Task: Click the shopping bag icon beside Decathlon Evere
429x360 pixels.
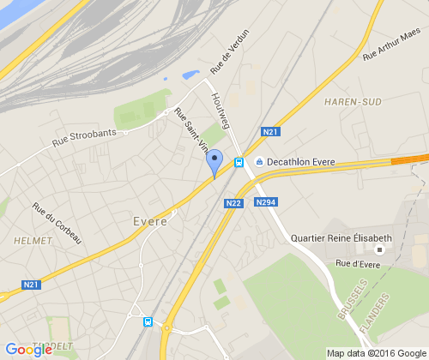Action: (x=260, y=162)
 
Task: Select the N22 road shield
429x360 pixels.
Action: (x=233, y=203)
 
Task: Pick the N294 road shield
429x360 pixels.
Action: (x=264, y=203)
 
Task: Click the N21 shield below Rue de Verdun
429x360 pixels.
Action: (x=270, y=132)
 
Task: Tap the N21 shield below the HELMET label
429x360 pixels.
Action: (x=32, y=285)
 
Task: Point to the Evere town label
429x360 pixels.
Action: (x=150, y=221)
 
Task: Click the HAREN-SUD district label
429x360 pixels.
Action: (x=353, y=101)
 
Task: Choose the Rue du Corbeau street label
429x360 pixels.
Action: (x=57, y=221)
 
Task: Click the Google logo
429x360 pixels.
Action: (x=29, y=349)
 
